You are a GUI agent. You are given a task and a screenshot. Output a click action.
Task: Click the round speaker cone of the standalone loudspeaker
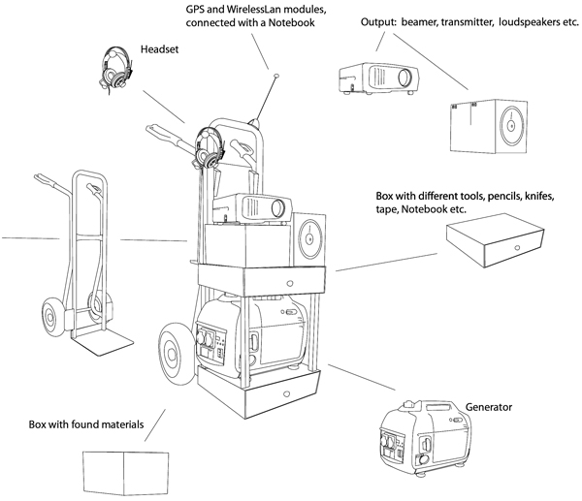pos(510,126)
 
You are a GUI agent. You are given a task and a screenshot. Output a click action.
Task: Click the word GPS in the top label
pos(198,8)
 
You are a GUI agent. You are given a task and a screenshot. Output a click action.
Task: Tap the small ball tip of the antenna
pos(277,74)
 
